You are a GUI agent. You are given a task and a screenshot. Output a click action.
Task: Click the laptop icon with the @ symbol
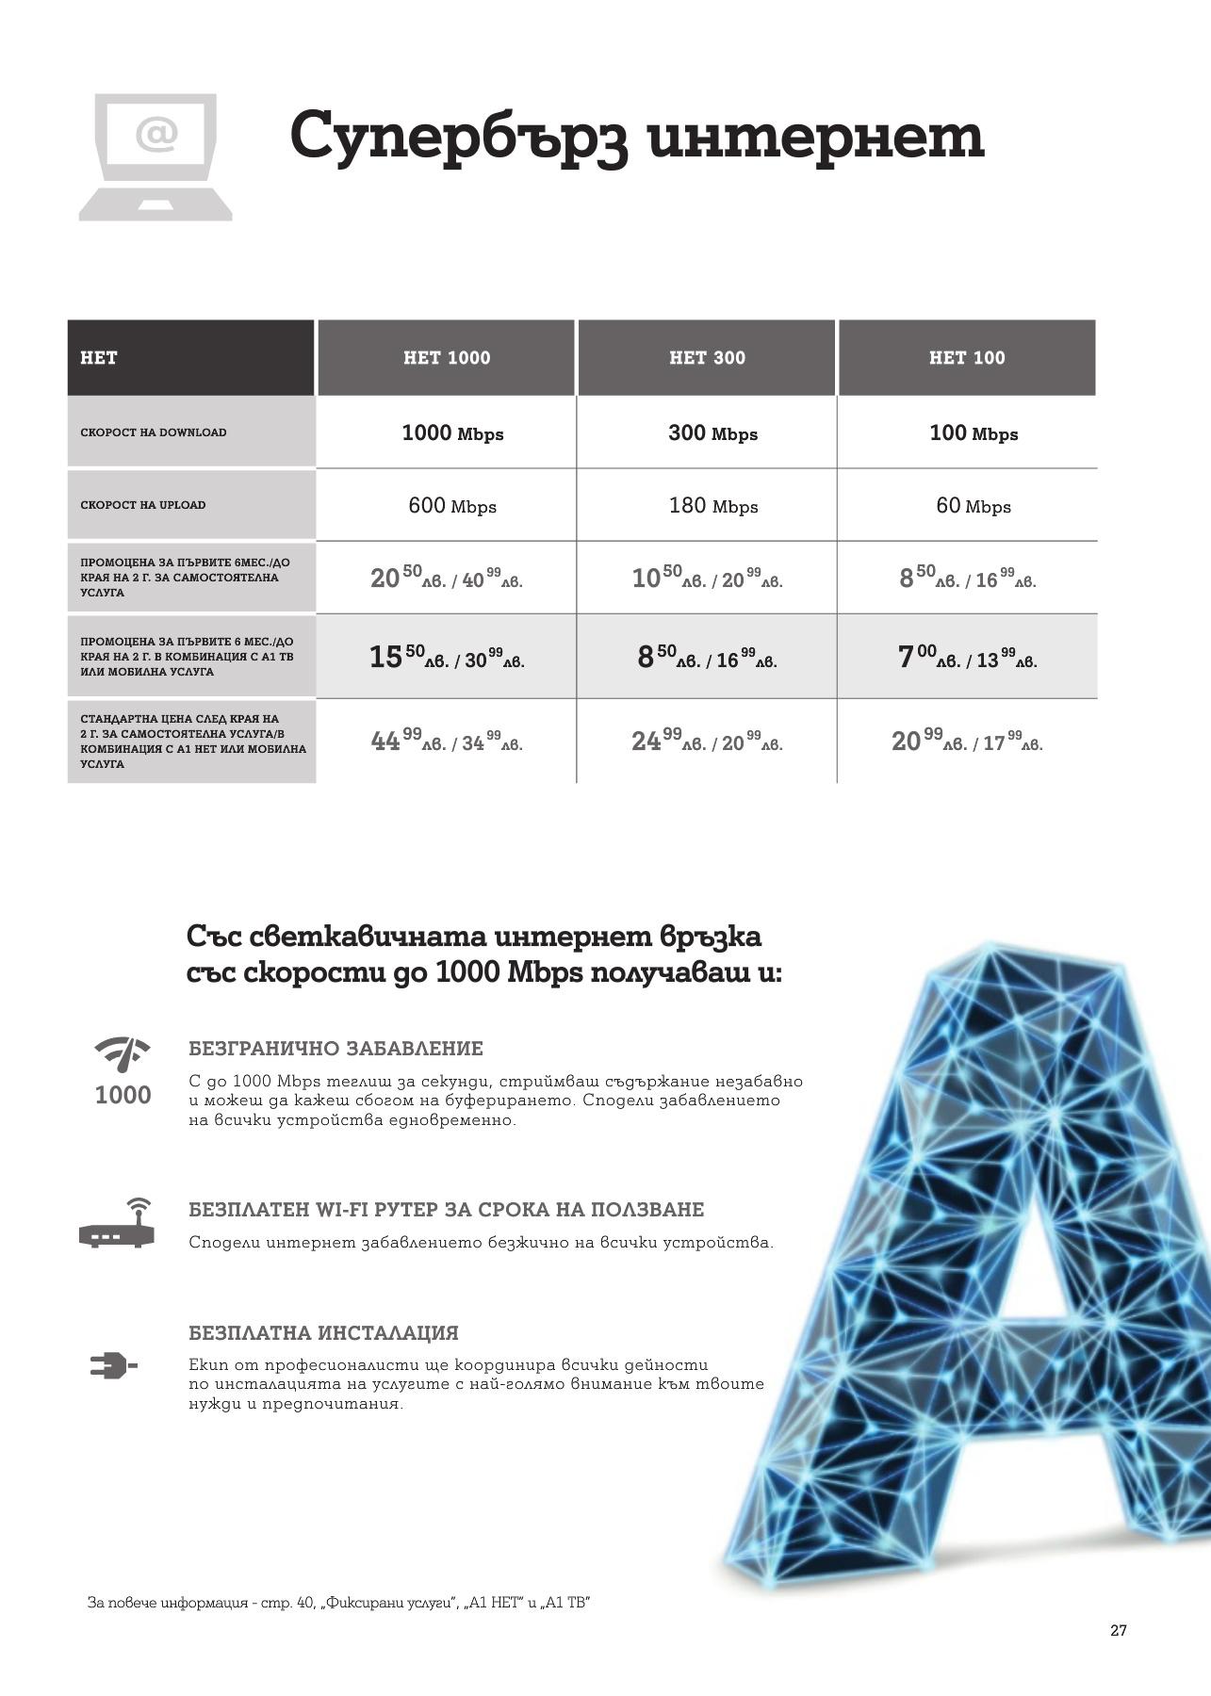click(x=155, y=157)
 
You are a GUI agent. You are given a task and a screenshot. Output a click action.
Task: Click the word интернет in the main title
click(x=817, y=137)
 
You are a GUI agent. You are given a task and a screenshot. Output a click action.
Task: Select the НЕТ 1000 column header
click(x=447, y=358)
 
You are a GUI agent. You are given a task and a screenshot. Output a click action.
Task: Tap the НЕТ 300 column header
click(x=707, y=358)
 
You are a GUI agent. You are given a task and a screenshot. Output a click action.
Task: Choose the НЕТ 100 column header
click(x=967, y=358)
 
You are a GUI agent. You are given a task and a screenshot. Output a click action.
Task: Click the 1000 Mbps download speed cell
click(x=452, y=433)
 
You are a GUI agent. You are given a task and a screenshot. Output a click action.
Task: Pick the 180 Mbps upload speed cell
click(x=713, y=506)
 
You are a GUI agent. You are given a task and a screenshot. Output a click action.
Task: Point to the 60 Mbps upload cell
click(x=973, y=506)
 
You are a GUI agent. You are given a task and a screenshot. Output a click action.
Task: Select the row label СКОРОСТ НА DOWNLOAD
click(x=154, y=432)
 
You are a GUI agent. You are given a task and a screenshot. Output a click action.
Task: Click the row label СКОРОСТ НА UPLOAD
click(x=143, y=505)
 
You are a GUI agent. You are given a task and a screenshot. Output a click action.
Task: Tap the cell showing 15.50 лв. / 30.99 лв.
click(x=447, y=657)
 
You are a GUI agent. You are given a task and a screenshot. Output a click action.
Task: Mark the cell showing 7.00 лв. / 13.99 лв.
click(x=967, y=657)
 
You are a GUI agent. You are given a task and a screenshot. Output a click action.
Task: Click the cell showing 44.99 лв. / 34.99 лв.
click(x=447, y=742)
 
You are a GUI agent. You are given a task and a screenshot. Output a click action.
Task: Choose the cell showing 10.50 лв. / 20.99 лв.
click(x=707, y=578)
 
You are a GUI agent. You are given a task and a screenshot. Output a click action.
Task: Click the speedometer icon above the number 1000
click(x=123, y=1053)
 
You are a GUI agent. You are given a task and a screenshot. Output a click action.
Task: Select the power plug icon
click(x=113, y=1365)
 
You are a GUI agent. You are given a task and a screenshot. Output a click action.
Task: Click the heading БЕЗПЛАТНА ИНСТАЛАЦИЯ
click(x=323, y=1333)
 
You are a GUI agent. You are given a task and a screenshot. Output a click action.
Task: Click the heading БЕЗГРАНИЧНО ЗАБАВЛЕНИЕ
click(x=335, y=1049)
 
